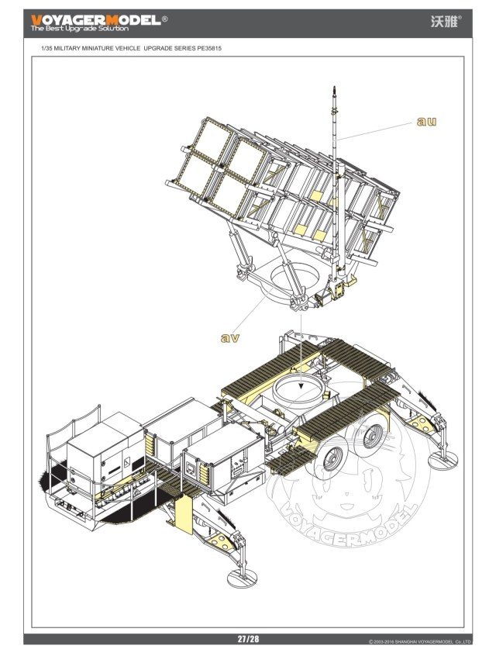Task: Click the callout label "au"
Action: click(x=426, y=121)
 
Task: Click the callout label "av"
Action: click(x=230, y=338)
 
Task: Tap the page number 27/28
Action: click(x=248, y=639)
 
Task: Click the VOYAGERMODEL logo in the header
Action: click(x=96, y=19)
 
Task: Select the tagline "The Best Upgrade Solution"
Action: click(x=80, y=29)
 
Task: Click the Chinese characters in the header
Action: click(x=444, y=22)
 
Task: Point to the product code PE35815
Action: click(x=209, y=48)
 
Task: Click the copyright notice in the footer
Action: click(x=419, y=642)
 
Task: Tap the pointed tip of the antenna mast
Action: click(x=334, y=87)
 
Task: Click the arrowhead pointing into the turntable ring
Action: click(x=301, y=387)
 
